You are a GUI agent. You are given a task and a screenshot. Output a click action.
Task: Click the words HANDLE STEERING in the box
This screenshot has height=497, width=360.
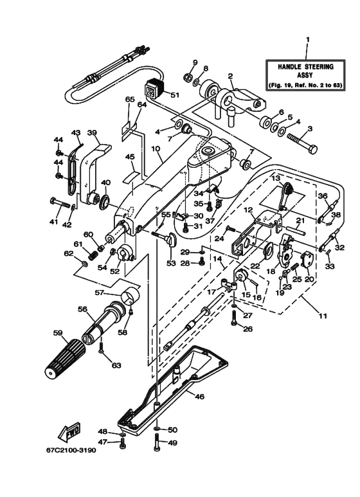(306, 67)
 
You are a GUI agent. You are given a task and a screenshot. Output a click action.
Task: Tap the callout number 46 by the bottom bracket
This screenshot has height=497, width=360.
(199, 397)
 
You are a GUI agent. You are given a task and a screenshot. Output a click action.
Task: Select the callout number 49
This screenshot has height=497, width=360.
(172, 442)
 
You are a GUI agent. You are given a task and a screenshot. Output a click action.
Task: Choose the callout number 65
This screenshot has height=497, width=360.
(129, 100)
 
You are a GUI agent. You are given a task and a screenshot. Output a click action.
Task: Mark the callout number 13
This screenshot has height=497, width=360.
(275, 177)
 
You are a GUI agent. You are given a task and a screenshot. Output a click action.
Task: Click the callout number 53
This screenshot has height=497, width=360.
(172, 262)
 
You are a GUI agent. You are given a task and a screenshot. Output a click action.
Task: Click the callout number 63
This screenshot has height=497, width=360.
(116, 365)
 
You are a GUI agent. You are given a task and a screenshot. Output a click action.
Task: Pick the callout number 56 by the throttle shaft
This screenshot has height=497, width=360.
(82, 309)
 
